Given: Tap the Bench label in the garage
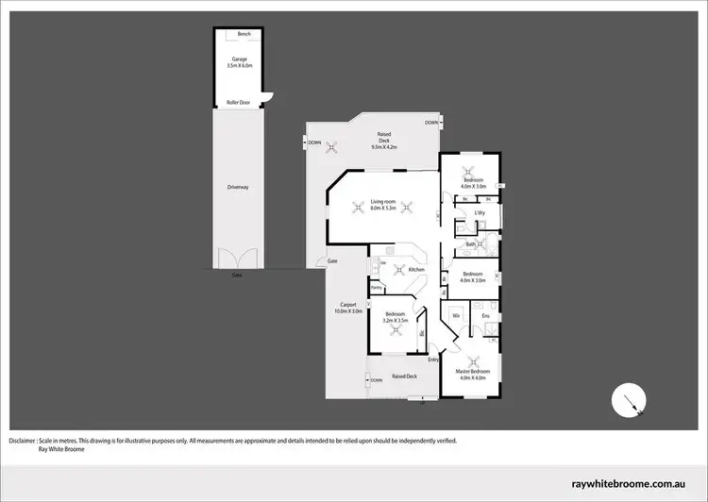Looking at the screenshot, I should pos(244,33).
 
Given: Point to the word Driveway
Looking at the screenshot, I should pos(237,188).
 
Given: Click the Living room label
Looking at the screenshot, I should pos(382,201).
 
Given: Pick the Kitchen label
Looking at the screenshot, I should pos(416,270).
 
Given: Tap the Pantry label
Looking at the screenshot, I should pos(376,287).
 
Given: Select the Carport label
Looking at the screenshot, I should pos(345,305).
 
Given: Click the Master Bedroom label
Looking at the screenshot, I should pos(476,373).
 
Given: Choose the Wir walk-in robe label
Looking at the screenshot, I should pos(456,314).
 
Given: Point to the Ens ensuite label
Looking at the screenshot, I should pos(485,314).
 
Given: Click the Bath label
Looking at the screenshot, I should pos(470,245).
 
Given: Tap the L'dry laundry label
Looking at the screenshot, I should pos(479,216).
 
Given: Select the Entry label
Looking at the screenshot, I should pos(434,360).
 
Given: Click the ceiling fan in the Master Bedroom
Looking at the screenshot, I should pos(476,359).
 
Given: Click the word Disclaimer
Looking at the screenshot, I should pos(23,441).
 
